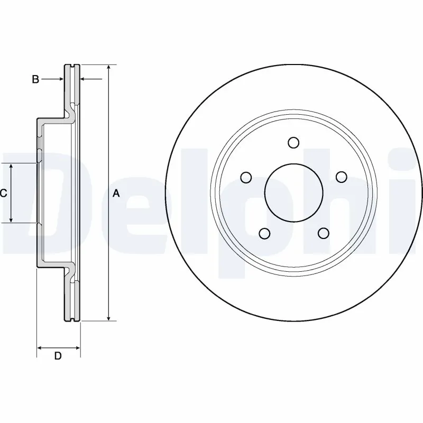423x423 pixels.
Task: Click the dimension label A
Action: (116, 194)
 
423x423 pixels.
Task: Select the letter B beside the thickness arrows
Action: (35, 79)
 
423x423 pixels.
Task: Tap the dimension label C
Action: (3, 194)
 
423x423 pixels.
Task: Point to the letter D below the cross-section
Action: (58, 356)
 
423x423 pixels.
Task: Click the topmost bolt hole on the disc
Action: (293, 142)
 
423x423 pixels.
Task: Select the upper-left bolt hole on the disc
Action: (245, 177)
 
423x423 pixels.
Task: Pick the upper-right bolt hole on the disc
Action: (342, 177)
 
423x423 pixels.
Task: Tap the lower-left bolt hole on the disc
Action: (264, 233)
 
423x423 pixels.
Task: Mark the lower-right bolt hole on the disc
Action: (323, 233)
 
